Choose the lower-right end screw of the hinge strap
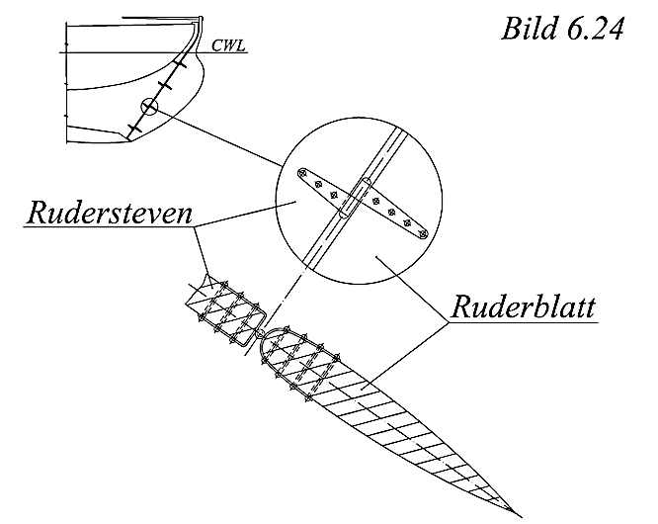click(x=422, y=234)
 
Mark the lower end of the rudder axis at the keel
click(x=125, y=137)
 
